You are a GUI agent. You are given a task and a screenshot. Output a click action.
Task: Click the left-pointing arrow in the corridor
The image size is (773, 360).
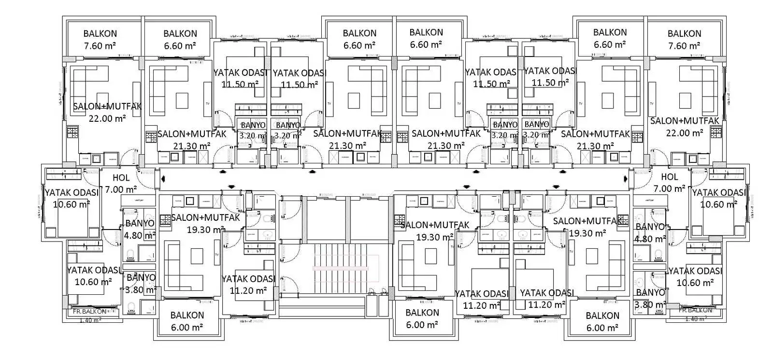click(163, 179)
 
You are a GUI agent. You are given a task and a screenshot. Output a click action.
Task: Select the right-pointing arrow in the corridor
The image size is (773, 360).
click(626, 179)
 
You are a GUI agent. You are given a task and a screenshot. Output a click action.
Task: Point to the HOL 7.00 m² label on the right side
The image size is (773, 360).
click(669, 183)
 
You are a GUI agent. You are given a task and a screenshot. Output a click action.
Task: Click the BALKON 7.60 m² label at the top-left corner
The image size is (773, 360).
click(100, 40)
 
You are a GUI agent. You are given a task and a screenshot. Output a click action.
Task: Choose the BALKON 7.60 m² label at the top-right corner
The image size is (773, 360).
click(684, 40)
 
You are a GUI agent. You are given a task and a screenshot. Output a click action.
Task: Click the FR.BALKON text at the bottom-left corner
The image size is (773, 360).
click(90, 312)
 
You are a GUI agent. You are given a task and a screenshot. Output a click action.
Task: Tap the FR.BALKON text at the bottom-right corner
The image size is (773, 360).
click(695, 310)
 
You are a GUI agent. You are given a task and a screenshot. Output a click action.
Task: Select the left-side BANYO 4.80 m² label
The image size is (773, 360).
click(140, 230)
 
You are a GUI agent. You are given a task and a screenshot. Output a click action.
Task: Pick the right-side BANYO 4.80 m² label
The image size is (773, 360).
click(650, 232)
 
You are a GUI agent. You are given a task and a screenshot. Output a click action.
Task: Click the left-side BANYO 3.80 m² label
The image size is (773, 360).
click(140, 284)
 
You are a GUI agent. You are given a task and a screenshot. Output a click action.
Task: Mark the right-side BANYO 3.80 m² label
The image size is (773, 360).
click(650, 298)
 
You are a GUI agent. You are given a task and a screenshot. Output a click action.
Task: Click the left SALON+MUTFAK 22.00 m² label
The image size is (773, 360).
click(107, 112)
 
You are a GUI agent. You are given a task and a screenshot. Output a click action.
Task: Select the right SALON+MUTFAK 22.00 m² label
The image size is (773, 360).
click(684, 127)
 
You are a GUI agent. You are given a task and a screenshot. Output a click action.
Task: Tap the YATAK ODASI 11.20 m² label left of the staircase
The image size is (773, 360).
click(248, 285)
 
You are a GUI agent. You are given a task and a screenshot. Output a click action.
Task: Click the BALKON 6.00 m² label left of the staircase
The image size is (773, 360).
click(187, 321)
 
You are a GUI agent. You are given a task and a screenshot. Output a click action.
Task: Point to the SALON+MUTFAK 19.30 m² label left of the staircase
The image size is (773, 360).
click(205, 223)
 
